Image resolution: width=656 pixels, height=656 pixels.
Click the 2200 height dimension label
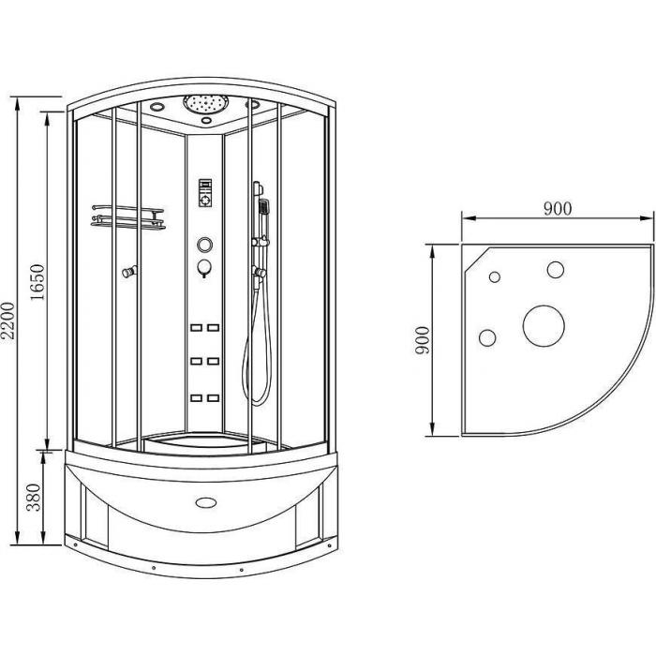[7, 321]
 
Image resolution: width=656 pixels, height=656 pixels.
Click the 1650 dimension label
[37, 282]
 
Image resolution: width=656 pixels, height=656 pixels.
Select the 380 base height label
[34, 498]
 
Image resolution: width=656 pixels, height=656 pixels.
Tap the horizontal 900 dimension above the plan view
[558, 208]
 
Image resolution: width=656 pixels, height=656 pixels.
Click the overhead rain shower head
[206, 103]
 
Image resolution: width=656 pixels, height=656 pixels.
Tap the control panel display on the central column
[205, 193]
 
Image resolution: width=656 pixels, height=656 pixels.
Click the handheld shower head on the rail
[264, 207]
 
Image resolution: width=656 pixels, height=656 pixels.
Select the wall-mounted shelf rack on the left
[128, 217]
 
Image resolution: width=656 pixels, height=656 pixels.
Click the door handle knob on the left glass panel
[129, 272]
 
